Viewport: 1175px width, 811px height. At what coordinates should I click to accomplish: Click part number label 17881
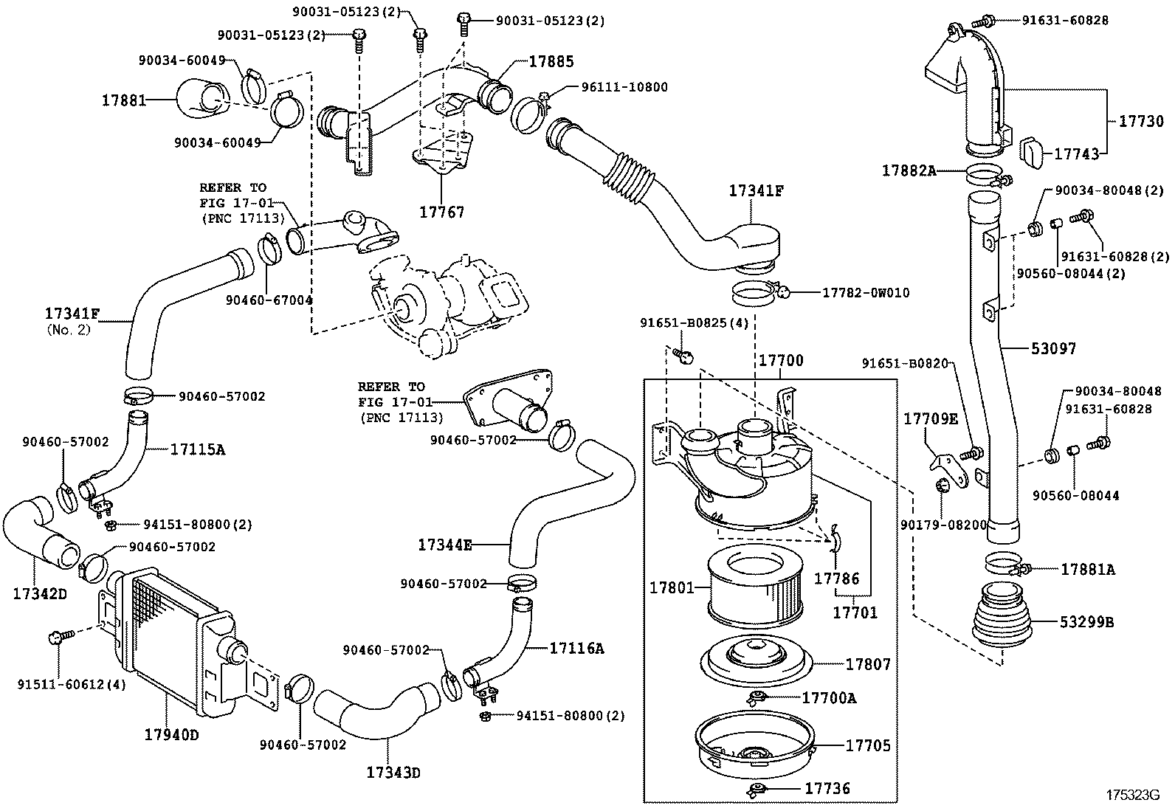[x=123, y=99]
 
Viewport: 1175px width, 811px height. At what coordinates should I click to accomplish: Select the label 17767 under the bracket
[x=442, y=213]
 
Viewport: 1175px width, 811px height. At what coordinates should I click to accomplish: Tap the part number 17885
[x=551, y=62]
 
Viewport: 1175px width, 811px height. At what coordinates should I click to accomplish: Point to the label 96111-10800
[x=624, y=87]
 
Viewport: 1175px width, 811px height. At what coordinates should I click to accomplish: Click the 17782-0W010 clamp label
[x=866, y=293]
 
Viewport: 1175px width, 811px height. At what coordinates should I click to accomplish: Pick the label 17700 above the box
[x=781, y=361]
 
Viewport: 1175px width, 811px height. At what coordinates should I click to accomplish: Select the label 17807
[x=868, y=664]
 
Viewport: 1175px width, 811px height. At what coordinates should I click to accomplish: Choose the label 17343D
[x=393, y=773]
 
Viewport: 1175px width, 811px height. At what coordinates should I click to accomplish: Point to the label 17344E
[x=444, y=545]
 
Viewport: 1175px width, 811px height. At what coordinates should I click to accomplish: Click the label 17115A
[x=197, y=448]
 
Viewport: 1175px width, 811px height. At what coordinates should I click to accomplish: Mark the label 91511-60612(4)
[x=72, y=684]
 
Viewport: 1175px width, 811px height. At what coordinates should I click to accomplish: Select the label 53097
[x=1053, y=348]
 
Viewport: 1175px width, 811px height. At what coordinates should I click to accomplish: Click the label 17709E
[x=931, y=419]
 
